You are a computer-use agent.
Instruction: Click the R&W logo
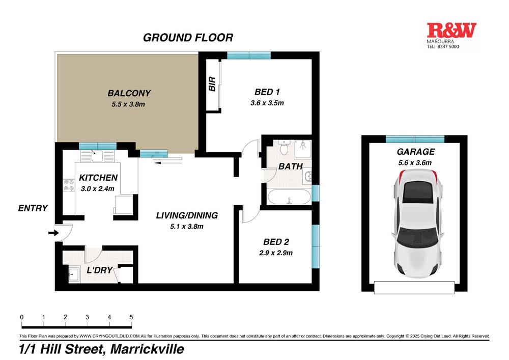tap(451, 30)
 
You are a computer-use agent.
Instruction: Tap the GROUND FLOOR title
tap(188, 38)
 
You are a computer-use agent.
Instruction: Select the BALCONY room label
tap(129, 93)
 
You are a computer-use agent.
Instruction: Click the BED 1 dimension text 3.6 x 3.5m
tap(267, 103)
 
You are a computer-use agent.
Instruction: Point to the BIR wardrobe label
tap(212, 84)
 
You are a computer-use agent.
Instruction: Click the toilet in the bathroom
tap(284, 147)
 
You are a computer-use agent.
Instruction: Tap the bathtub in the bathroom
tap(289, 197)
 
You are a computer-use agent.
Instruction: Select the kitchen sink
tap(97, 156)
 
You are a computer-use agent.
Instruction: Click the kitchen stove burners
tap(69, 185)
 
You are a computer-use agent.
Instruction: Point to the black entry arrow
tap(53, 233)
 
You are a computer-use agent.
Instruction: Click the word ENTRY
tap(33, 208)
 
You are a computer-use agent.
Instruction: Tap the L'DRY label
tap(99, 270)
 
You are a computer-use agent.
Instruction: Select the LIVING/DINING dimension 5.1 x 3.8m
tap(187, 227)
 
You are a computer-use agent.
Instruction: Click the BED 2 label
tap(276, 242)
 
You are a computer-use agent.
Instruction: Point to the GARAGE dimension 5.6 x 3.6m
tap(415, 162)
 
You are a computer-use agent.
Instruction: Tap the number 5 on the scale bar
tap(131, 317)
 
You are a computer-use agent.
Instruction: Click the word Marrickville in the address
tap(148, 349)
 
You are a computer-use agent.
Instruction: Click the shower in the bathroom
tap(302, 149)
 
